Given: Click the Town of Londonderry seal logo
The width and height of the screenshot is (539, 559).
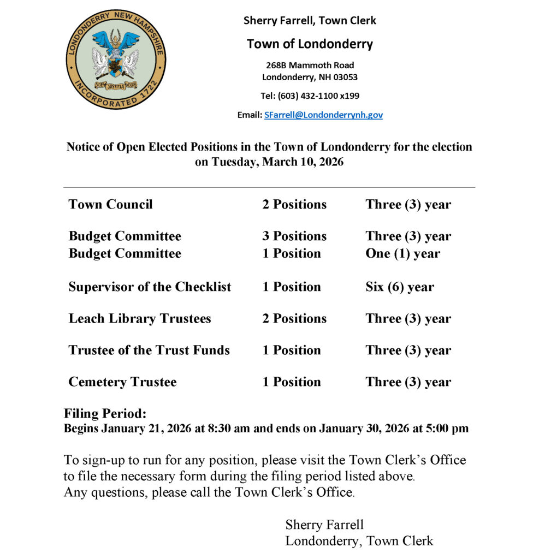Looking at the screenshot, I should coord(115,60).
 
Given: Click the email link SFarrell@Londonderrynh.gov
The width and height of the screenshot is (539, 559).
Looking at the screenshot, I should coord(323,115).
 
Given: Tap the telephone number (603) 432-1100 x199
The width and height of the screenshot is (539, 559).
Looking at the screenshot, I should coord(310,96).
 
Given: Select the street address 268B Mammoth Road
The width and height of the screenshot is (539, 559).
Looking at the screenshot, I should coord(310,65).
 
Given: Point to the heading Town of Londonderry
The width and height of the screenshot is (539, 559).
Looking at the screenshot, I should coord(310,44).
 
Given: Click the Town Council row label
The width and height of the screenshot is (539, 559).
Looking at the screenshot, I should coord(110,205).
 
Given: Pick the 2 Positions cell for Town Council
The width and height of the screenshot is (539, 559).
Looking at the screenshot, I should coord(294,205).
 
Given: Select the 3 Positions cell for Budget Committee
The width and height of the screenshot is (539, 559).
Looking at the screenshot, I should coord(294,236).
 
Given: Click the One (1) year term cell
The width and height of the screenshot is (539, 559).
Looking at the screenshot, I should coord(402,253).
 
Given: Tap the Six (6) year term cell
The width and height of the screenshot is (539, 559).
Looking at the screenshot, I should coord(400,287).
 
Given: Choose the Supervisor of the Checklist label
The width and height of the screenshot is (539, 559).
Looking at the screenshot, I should coord(150,287).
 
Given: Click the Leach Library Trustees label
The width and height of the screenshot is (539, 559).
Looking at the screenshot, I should coord(139,318).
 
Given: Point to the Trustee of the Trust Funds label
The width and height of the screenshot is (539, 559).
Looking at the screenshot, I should coord(149,350).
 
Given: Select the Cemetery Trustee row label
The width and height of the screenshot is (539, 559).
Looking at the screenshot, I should coord(122,382).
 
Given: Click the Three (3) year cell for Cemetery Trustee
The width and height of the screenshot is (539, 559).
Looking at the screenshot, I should coord(408,382).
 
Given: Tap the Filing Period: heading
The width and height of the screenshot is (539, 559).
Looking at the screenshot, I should coord(105,413).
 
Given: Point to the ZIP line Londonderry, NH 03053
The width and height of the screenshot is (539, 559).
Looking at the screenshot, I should coord(310,77).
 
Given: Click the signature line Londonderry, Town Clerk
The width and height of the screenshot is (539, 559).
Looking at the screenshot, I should coord(359,541).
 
